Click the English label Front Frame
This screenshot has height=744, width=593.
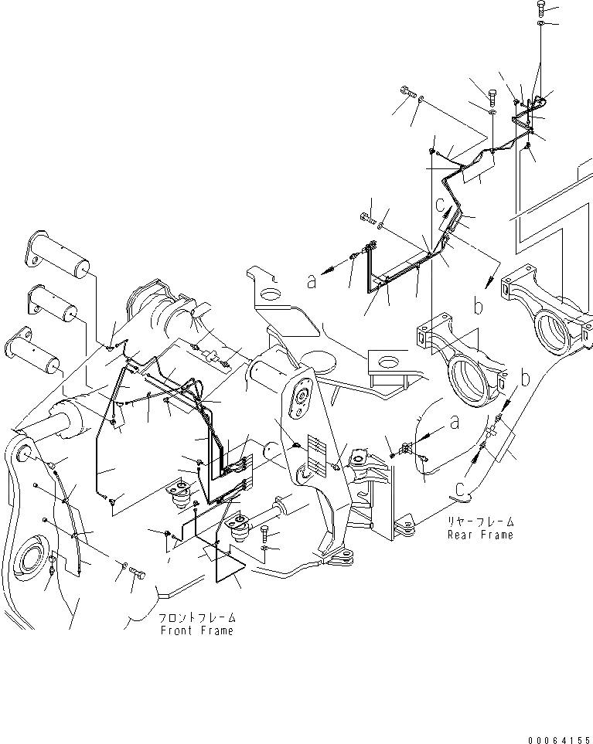pos(196,630)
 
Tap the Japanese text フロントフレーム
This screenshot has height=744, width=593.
pos(197,618)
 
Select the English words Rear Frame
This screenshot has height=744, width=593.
pos(479,535)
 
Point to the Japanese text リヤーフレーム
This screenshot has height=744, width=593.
pos(479,522)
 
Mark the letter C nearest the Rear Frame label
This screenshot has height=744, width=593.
pos(459,488)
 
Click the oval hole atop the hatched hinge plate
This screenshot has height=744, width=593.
pos(299,395)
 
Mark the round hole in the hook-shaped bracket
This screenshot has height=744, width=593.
pos(270,294)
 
